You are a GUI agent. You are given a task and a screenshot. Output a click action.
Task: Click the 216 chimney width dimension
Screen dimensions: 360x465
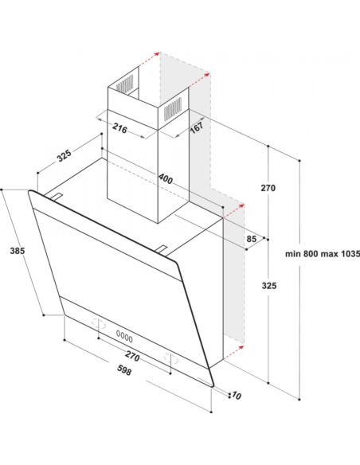click(119, 129)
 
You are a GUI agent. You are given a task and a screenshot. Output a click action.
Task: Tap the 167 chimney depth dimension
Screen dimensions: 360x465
click(196, 127)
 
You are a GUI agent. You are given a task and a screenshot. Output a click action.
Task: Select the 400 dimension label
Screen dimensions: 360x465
click(165, 178)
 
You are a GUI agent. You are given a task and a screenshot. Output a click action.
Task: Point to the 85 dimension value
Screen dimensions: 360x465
click(252, 238)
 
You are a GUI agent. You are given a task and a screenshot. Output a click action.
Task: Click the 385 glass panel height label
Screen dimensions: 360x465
click(18, 251)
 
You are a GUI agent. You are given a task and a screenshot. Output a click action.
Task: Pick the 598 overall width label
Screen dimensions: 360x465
click(124, 370)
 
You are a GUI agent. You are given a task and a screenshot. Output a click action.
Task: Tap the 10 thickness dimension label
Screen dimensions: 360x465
click(237, 395)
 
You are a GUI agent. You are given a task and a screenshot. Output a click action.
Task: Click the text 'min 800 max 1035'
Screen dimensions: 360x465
click(323, 254)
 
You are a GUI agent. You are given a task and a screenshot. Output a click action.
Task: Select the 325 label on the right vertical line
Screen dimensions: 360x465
click(269, 286)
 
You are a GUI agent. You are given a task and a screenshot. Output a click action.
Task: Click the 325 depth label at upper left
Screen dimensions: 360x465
click(65, 156)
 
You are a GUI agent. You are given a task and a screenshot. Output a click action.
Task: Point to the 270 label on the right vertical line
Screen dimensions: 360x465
click(268, 188)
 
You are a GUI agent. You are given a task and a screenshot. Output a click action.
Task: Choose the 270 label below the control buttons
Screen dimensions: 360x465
click(132, 356)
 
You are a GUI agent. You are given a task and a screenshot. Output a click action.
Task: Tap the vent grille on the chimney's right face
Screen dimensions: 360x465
click(173, 109)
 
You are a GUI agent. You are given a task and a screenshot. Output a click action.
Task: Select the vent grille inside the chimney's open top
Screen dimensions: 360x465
click(124, 83)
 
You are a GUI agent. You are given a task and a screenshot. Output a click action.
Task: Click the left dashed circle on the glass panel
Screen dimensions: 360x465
click(99, 323)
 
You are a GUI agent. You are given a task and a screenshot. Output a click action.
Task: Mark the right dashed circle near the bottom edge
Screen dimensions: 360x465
click(171, 359)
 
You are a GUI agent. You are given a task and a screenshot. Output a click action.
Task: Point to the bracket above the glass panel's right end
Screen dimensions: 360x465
click(161, 250)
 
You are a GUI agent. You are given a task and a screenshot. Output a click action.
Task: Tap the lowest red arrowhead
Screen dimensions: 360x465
click(241, 347)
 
